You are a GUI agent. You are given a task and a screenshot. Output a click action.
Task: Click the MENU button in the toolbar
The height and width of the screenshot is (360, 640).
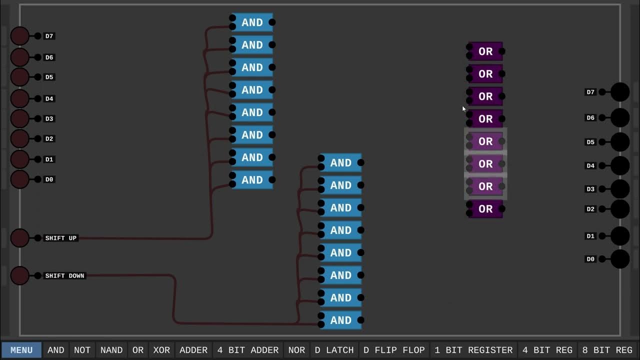(x=21, y=350)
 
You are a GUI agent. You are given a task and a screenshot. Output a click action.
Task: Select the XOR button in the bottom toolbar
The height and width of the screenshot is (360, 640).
(x=161, y=350)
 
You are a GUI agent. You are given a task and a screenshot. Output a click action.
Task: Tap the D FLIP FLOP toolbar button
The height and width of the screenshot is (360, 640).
(x=394, y=350)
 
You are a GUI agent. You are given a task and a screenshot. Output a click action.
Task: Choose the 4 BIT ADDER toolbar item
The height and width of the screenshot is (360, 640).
(x=247, y=350)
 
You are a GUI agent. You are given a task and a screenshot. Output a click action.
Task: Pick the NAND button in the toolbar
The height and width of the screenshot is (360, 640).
(x=111, y=350)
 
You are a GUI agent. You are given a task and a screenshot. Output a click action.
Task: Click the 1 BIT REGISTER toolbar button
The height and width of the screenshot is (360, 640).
(x=473, y=350)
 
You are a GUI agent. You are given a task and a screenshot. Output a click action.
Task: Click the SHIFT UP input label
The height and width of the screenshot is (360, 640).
(x=61, y=238)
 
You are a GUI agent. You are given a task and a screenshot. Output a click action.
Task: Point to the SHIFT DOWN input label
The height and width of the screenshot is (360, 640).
(x=65, y=275)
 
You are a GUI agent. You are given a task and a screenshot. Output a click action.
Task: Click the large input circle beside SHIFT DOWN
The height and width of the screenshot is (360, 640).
(x=20, y=275)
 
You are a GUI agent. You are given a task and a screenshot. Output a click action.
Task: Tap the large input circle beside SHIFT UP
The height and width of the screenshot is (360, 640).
(x=20, y=238)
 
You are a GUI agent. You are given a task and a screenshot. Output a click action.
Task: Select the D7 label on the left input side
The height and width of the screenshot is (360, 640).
(x=49, y=36)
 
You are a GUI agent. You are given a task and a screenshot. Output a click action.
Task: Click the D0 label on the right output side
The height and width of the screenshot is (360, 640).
(x=590, y=259)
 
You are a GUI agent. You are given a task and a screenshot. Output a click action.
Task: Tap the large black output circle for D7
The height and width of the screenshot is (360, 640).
(x=620, y=92)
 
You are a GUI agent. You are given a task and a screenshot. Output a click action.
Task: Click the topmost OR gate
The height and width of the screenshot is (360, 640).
(x=485, y=51)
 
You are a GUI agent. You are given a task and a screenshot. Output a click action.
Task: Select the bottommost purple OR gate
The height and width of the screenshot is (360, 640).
(x=485, y=209)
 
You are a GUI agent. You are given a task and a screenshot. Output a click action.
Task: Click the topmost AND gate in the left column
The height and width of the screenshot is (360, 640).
(x=252, y=22)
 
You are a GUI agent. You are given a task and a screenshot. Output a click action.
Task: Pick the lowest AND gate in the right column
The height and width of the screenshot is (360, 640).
(x=341, y=320)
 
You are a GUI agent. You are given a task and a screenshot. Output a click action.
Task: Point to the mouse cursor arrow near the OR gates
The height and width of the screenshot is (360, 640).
(x=464, y=108)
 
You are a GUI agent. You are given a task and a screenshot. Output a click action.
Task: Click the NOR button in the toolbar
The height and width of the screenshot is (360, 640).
(x=296, y=350)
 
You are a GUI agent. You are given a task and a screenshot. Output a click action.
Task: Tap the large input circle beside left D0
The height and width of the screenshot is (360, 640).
(x=20, y=179)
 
